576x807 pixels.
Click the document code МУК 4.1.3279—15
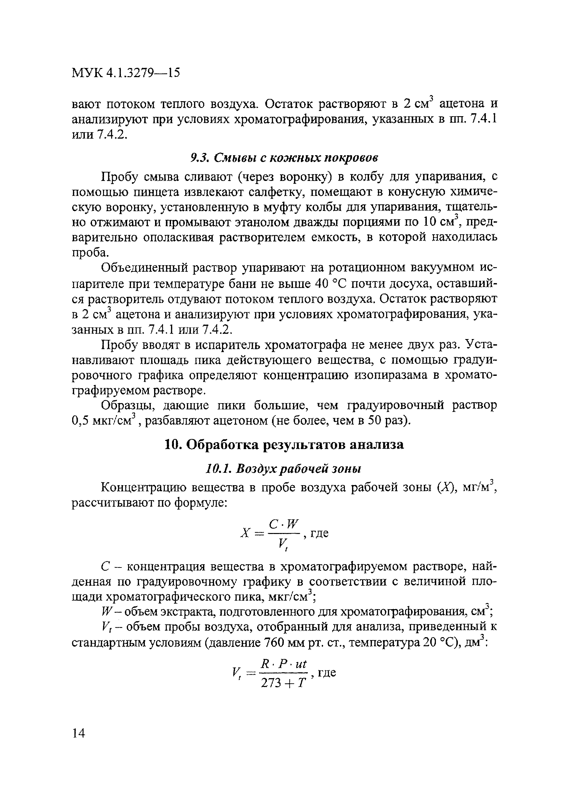click(126, 73)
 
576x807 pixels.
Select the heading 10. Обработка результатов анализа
click(284, 445)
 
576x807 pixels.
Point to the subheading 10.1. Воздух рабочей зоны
click(284, 469)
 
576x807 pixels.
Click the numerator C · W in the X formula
click(284, 524)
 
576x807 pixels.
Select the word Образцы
click(127, 405)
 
